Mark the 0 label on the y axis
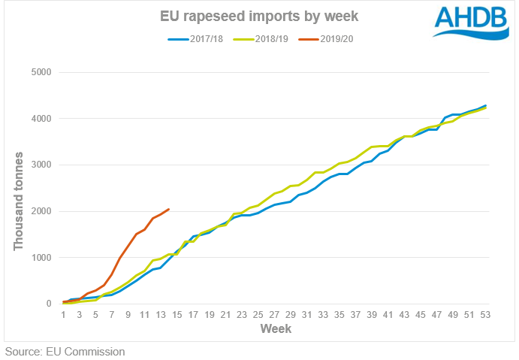(50, 304)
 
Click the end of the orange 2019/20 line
(169, 209)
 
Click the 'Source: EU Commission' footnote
(65, 351)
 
